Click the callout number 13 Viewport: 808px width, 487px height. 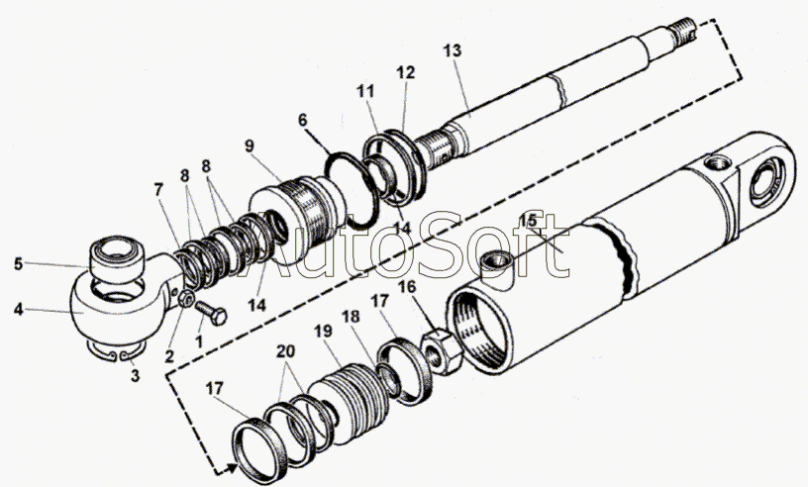452,50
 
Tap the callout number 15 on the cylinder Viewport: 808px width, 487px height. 528,221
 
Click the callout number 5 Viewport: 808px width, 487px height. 19,264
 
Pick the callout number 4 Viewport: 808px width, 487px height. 19,310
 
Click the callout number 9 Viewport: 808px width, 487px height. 250,146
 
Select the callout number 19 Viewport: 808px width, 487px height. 324,332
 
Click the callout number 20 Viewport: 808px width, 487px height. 285,351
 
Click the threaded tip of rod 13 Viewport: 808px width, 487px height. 684,29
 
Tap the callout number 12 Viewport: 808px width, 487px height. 406,72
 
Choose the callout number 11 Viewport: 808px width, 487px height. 365,92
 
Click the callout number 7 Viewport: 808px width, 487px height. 158,191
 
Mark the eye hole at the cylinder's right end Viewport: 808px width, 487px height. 766,183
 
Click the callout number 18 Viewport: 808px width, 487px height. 351,317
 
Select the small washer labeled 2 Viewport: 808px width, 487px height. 185,298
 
